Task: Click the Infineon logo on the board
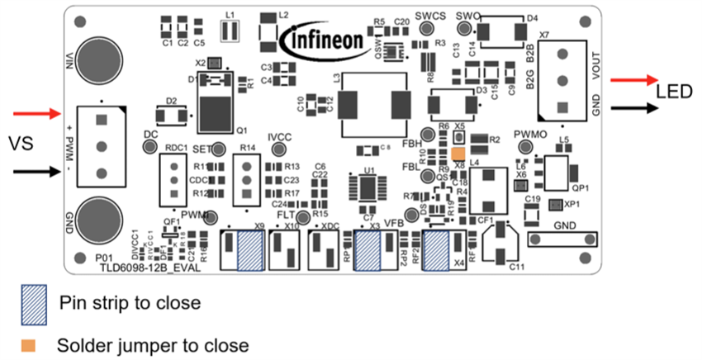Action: click(324, 39)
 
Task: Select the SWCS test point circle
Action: click(427, 29)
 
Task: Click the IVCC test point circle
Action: click(278, 149)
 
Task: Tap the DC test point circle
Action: click(150, 146)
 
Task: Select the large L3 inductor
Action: click(372, 106)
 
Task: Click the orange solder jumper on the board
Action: click(459, 154)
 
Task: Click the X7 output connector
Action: click(562, 79)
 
